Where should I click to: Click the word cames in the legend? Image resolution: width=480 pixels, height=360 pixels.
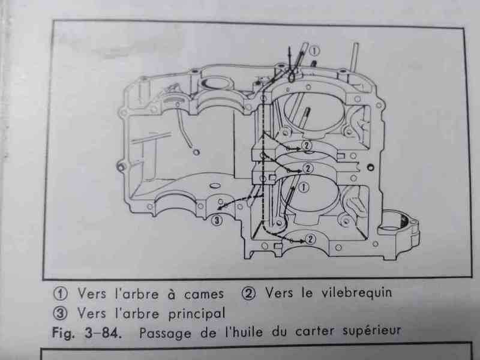pyautogui.click(x=203, y=294)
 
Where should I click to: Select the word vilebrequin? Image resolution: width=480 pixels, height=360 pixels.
pyautogui.click(x=356, y=292)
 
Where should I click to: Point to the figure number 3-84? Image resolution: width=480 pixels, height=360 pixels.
pyautogui.click(x=102, y=333)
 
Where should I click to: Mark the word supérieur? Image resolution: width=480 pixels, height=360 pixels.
pyautogui.click(x=371, y=331)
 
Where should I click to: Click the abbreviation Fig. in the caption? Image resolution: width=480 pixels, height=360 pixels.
pyautogui.click(x=63, y=333)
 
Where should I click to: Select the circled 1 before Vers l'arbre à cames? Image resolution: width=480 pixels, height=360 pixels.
pyautogui.click(x=61, y=294)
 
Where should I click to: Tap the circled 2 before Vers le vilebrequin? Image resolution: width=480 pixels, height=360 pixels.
pyautogui.click(x=248, y=293)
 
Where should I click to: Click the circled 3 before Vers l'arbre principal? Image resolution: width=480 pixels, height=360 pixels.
pyautogui.click(x=61, y=313)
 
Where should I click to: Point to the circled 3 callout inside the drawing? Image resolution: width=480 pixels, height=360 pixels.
pyautogui.click(x=217, y=220)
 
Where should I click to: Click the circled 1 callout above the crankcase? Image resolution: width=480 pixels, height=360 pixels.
pyautogui.click(x=314, y=51)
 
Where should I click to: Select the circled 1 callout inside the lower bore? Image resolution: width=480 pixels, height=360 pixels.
pyautogui.click(x=304, y=187)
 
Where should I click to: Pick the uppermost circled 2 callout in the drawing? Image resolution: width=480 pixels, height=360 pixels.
pyautogui.click(x=307, y=145)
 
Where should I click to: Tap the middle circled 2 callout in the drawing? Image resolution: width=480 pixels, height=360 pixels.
pyautogui.click(x=308, y=169)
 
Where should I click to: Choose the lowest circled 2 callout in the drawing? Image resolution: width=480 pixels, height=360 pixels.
pyautogui.click(x=310, y=239)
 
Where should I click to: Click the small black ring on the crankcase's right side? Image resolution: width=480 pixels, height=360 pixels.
pyautogui.click(x=370, y=167)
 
